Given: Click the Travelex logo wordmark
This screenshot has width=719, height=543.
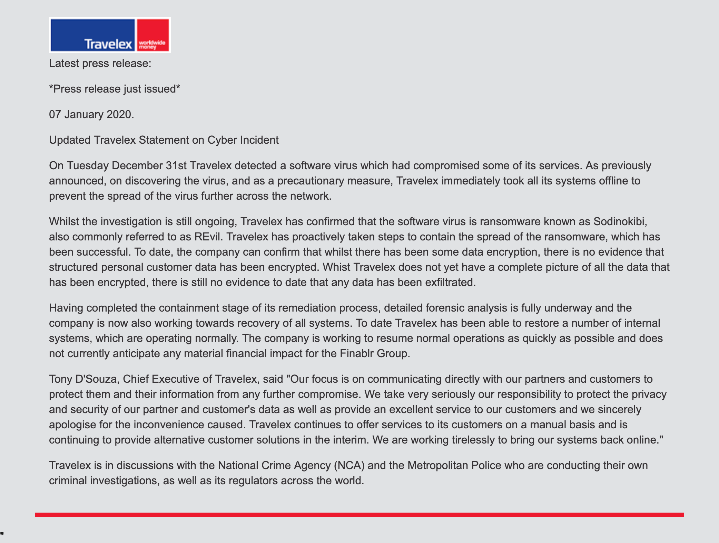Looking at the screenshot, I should click(x=108, y=44).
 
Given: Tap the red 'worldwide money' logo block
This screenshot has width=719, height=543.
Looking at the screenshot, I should click(x=153, y=35).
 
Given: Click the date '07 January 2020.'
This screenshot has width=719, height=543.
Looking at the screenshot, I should click(x=91, y=114).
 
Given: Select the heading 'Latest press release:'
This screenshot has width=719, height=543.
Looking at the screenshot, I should click(x=100, y=64).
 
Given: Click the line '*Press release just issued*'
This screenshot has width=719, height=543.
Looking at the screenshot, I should click(x=115, y=89).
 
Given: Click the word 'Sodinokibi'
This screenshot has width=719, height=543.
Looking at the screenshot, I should click(x=619, y=221).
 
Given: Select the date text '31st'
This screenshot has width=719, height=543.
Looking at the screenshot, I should click(x=176, y=165).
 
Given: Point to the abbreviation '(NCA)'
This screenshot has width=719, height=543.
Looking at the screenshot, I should click(x=349, y=465).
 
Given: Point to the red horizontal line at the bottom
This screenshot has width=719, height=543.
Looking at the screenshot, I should click(x=359, y=515).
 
